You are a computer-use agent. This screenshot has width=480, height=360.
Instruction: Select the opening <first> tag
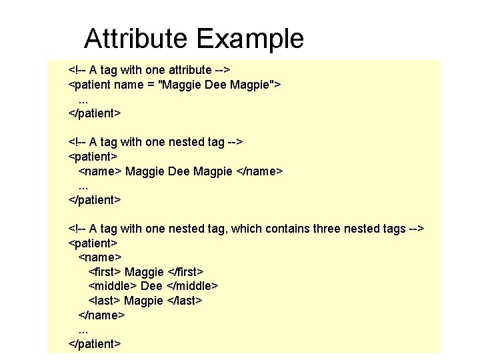(x=105, y=271)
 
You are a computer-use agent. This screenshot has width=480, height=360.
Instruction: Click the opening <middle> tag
(x=113, y=286)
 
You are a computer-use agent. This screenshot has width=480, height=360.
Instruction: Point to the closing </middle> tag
(x=193, y=286)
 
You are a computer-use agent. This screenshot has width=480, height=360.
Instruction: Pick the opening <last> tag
(x=104, y=301)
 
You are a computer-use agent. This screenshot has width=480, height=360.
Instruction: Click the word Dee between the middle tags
(x=151, y=286)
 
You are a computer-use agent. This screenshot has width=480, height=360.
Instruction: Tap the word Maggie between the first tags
(x=144, y=271)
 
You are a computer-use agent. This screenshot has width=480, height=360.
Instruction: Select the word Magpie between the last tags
(x=143, y=301)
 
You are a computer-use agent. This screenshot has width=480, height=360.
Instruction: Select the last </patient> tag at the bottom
(x=95, y=344)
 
